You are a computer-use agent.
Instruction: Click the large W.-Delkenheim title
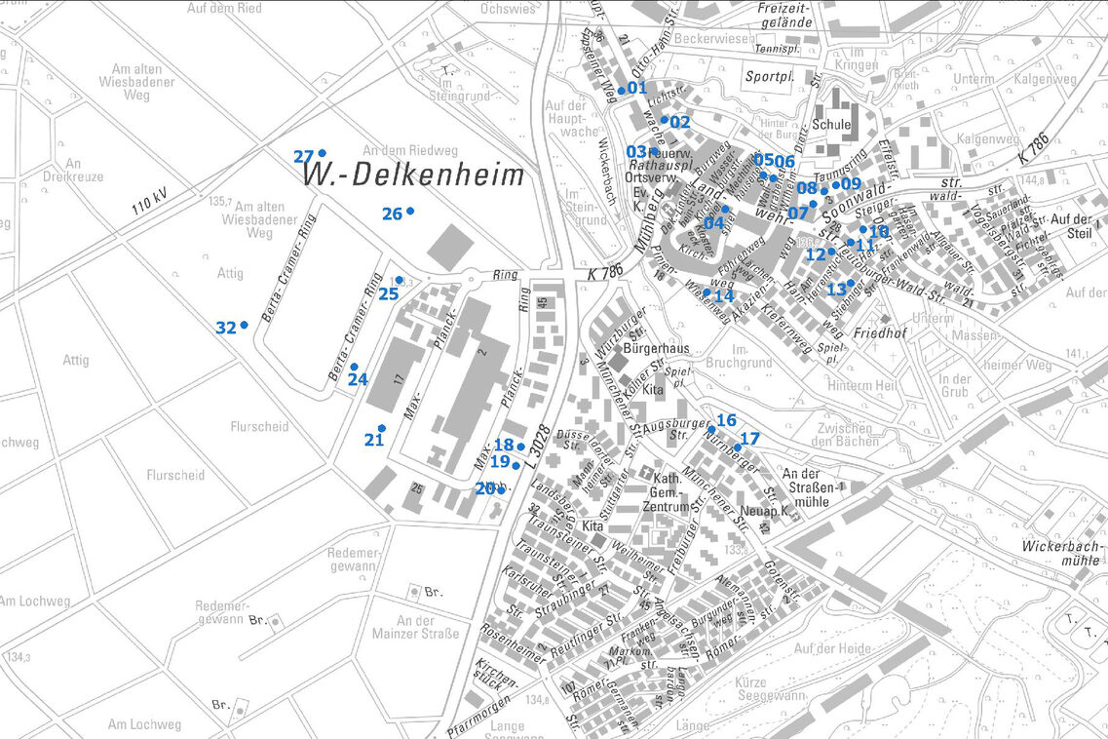(x=414, y=176)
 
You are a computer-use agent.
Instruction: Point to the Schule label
(x=830, y=125)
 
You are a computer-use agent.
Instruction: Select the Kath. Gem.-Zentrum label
(x=664, y=492)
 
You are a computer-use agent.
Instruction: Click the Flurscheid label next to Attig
(x=258, y=426)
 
